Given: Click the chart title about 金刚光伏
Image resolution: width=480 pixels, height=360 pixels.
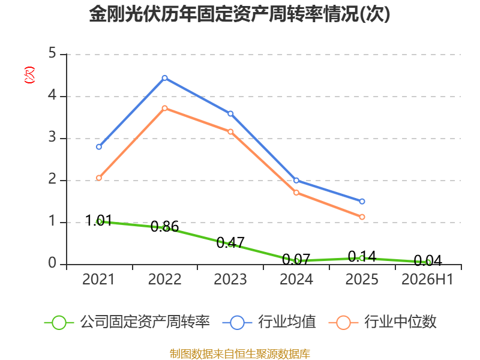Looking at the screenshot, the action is (239, 13).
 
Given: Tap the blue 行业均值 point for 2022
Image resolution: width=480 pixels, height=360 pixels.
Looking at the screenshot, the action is (164, 78).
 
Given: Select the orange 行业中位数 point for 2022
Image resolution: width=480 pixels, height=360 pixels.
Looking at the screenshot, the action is (164, 108).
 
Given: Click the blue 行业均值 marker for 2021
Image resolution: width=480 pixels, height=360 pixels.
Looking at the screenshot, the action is (99, 147).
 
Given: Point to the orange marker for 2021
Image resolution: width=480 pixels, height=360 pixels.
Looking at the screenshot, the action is (99, 178).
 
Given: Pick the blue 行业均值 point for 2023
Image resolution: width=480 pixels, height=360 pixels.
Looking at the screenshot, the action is (230, 114).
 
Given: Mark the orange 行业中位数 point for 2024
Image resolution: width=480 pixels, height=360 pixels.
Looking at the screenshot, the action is (296, 193).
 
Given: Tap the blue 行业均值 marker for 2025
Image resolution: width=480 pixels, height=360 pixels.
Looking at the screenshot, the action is (362, 202).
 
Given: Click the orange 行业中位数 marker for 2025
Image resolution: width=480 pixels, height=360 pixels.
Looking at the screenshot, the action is (362, 217).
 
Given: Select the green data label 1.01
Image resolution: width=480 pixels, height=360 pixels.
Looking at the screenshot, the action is (98, 220).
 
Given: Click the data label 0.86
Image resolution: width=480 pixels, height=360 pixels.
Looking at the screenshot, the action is (164, 227).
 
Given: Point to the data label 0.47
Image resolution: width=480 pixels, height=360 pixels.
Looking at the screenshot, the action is (230, 243).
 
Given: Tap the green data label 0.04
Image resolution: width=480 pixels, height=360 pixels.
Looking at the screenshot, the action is (428, 261).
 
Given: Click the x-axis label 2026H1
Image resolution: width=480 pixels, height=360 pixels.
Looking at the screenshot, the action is (427, 279).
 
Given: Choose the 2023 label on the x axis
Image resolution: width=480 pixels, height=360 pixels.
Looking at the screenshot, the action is (230, 279).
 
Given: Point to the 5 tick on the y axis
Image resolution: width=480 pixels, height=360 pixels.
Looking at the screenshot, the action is (52, 53).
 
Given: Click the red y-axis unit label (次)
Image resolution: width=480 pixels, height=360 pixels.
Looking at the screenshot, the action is (29, 75).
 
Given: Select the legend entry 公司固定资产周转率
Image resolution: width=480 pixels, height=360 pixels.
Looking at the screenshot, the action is (127, 322).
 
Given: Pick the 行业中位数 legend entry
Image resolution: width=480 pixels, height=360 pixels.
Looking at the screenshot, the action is (383, 322).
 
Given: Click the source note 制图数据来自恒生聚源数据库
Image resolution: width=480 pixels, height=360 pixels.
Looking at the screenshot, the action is (240, 353).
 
